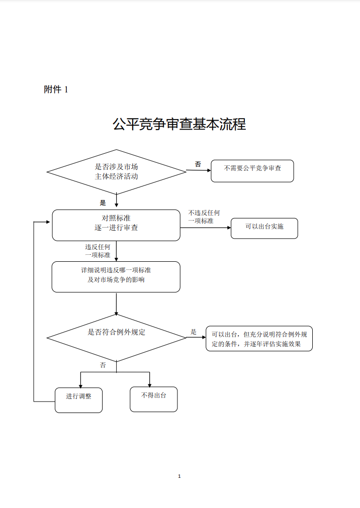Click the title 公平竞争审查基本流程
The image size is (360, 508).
click(179, 124)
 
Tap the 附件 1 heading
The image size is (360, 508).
click(56, 89)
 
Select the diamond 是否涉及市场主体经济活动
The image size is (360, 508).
click(117, 172)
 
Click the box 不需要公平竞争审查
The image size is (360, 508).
click(252, 171)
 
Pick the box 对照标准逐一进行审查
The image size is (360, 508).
click(116, 225)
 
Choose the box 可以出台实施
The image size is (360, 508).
click(264, 229)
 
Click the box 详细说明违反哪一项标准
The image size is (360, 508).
click(116, 277)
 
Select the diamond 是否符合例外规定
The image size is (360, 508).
click(117, 338)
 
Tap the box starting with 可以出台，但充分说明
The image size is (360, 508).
click(259, 339)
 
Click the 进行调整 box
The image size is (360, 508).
click(79, 400)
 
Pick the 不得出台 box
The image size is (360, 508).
click(154, 399)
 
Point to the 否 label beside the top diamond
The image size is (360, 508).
click(198, 164)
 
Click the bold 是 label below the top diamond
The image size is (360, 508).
click(103, 203)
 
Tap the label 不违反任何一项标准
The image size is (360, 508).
click(204, 217)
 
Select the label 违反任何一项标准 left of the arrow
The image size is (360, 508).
click(98, 251)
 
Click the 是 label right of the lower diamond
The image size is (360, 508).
click(194, 332)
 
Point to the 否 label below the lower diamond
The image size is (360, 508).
click(103, 365)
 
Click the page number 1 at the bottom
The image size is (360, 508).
click(179, 476)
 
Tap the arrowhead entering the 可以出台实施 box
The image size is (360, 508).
click(229, 228)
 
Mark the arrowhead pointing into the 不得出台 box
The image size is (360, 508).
click(149, 385)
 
